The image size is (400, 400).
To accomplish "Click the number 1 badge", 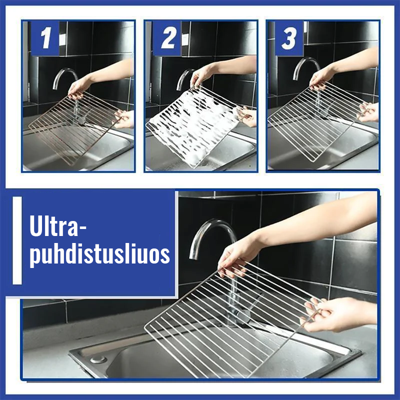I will click(45, 38).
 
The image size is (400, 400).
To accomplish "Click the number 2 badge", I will click(167, 38).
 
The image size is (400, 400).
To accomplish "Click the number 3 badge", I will click(289, 38).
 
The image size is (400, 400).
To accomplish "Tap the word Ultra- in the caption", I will click(58, 227).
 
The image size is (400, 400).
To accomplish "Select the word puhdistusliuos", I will click(99, 254).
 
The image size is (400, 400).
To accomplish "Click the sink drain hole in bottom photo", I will click(98, 359).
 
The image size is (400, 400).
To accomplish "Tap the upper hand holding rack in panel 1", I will click(80, 87).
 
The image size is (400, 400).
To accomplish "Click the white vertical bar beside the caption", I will click(17, 240).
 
